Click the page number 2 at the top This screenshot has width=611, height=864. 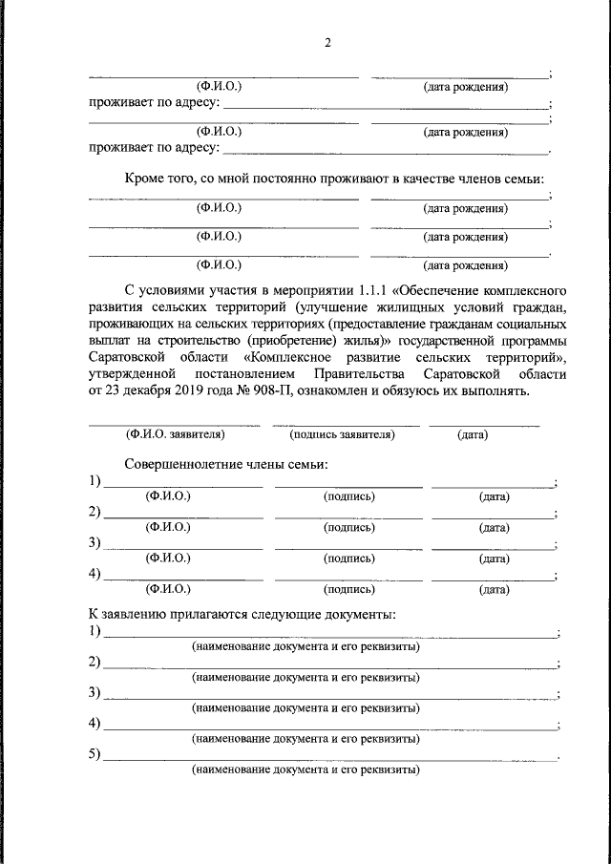[x=327, y=43]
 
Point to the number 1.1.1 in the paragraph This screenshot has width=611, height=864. [x=374, y=287]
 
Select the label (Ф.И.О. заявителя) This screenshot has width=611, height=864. [x=175, y=434]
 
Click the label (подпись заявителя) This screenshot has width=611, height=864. [x=342, y=434]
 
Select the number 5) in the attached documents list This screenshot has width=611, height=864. [x=95, y=755]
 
